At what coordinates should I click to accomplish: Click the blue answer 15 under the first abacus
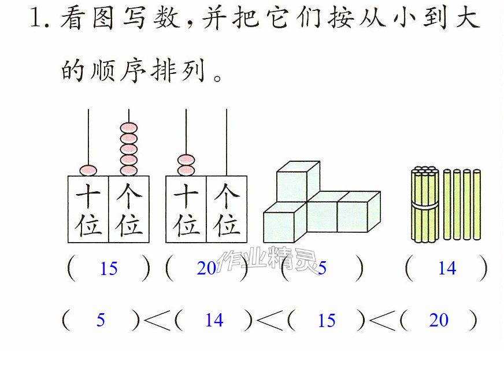coord(109,268)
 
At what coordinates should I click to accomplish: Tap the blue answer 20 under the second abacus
coord(206,268)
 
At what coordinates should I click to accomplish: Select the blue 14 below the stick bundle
coord(447,268)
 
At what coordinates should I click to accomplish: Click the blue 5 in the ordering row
coord(101,320)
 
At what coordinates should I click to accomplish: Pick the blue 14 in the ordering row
coord(214,320)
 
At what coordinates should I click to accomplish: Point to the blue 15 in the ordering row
coord(327,320)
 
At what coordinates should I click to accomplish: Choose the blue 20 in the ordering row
coord(439,320)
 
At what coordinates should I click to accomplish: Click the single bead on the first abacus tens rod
coord(88,170)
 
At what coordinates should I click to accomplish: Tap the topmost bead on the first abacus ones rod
coord(128,128)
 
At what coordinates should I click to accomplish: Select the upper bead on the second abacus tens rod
coord(186,159)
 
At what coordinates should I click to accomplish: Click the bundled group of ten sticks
coord(425,204)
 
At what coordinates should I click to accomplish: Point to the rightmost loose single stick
coord(477,205)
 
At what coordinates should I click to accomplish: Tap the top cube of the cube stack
coord(298,181)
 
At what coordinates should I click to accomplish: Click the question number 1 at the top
coord(35,18)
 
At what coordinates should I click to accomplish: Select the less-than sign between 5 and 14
coord(157,320)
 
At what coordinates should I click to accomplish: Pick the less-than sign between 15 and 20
coord(382,320)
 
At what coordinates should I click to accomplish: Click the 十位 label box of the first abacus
coord(88,209)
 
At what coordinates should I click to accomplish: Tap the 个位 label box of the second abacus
coord(227,209)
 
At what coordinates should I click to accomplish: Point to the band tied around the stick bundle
coord(425,206)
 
